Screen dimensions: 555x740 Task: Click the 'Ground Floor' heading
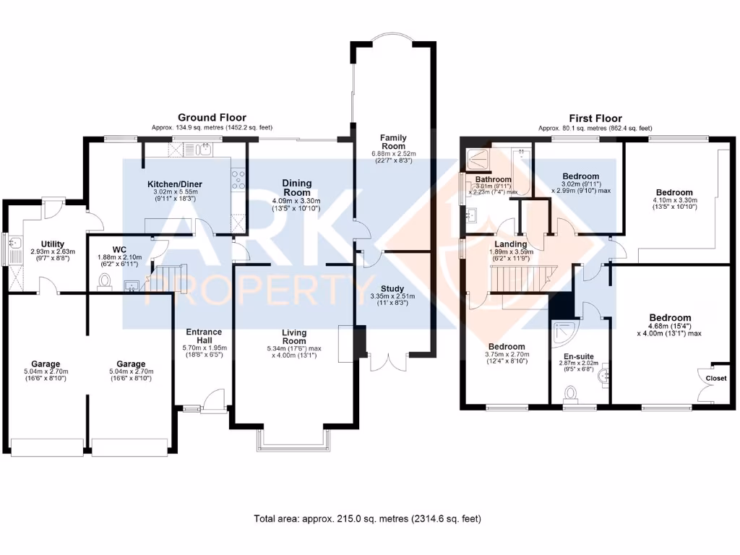212,117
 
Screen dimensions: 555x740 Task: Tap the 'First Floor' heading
595,119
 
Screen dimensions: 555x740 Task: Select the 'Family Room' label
394,142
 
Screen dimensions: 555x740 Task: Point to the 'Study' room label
393,288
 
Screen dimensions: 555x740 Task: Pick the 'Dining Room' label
297,188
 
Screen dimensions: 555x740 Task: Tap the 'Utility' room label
53,244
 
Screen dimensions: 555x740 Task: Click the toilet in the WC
106,281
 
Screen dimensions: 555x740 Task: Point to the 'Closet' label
716,378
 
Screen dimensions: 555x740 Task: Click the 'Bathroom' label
494,179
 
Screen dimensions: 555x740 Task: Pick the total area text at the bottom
367,519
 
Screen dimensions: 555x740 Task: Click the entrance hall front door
214,400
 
